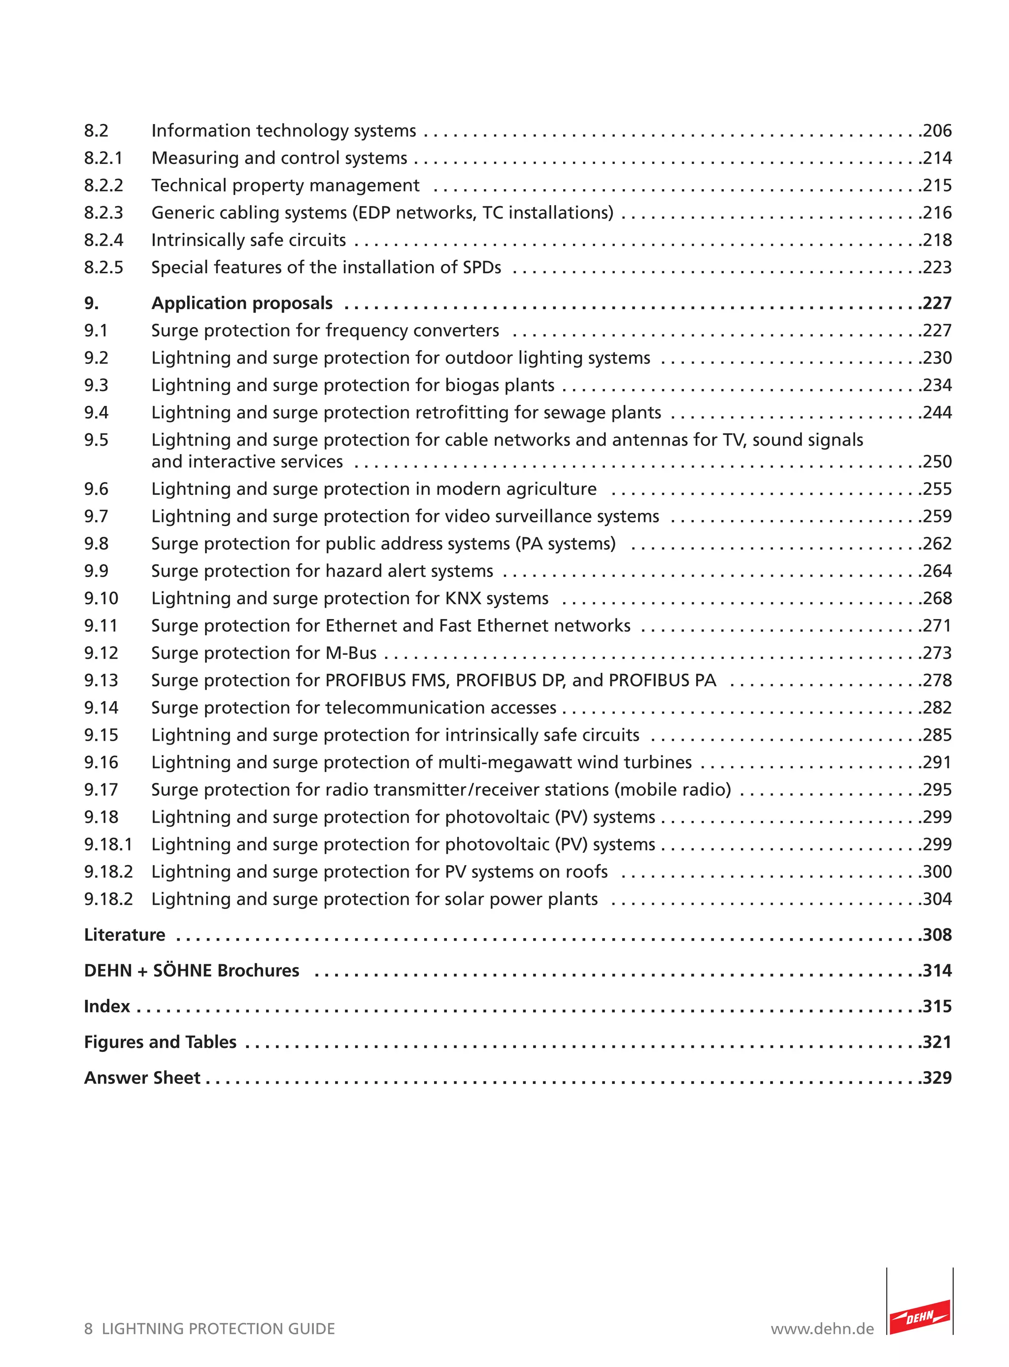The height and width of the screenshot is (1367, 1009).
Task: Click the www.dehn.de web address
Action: pos(822,1329)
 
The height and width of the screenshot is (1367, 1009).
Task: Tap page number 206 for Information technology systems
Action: pos(938,130)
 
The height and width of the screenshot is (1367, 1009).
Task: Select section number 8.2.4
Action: pos(103,240)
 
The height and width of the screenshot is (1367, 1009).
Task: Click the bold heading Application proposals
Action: pos(242,303)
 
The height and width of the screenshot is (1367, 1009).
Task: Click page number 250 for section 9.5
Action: pos(938,461)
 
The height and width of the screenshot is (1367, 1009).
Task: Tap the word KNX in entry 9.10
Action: pos(464,598)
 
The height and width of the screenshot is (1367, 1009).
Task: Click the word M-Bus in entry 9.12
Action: pos(351,653)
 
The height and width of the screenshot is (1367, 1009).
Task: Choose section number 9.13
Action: pos(101,680)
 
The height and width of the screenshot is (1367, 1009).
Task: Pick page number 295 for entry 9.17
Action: pos(938,790)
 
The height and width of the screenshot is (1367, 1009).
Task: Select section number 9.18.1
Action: pos(108,845)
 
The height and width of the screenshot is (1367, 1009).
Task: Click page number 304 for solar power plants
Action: pos(938,899)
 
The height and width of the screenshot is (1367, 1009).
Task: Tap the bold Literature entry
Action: pos(125,935)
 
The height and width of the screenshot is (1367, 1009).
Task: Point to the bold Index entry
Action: pos(107,1006)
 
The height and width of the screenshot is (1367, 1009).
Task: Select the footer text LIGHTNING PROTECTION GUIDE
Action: pos(218,1329)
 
